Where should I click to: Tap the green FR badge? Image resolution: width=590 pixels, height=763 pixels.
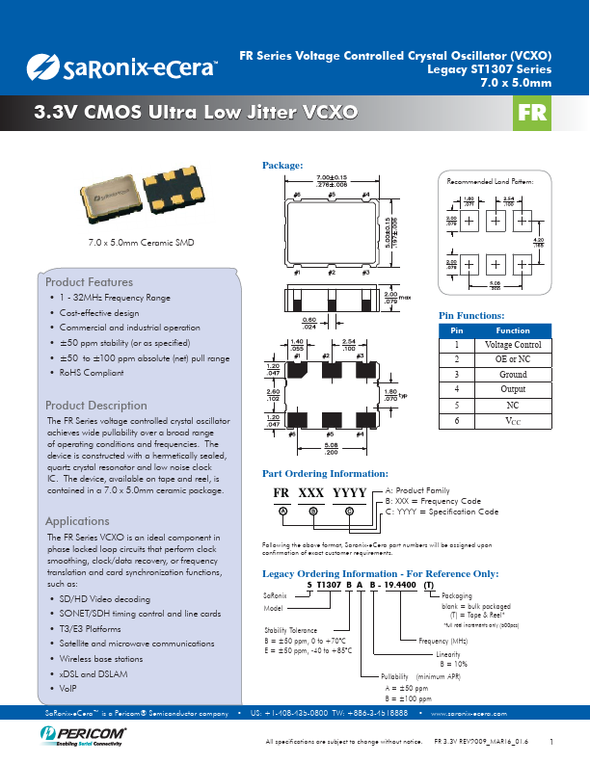click(533, 115)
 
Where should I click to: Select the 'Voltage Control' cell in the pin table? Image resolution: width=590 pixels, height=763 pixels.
click(513, 345)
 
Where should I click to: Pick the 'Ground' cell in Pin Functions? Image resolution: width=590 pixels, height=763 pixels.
click(513, 374)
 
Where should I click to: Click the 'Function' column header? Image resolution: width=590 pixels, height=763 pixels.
click(513, 330)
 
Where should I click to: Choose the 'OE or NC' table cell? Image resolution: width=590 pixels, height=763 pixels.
click(513, 359)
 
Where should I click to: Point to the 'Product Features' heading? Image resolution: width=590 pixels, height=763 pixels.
click(90, 282)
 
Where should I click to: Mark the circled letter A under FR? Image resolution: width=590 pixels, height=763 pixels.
click(282, 510)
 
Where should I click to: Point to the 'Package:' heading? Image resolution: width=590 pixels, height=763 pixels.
click(283, 167)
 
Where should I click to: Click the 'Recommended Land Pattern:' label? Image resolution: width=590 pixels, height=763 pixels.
click(497, 181)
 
